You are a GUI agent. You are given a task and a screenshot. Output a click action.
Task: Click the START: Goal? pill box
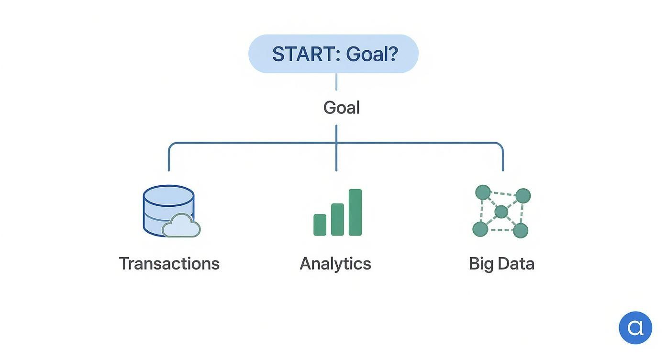click(x=333, y=54)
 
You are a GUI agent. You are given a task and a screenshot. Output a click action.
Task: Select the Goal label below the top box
click(x=341, y=108)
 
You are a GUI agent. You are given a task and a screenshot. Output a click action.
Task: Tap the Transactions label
click(x=169, y=264)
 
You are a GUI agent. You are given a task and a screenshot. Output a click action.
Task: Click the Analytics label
click(x=335, y=264)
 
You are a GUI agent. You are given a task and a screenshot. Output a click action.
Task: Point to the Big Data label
click(x=501, y=264)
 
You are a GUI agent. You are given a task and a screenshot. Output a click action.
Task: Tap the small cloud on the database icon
click(x=182, y=227)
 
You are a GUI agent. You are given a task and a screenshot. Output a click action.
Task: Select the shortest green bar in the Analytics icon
click(x=320, y=225)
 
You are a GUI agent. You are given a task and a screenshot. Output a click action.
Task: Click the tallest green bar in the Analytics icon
click(x=355, y=213)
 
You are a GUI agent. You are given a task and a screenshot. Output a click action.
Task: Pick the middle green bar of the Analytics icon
click(x=337, y=219)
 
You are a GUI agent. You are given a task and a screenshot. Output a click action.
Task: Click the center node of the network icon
click(x=501, y=212)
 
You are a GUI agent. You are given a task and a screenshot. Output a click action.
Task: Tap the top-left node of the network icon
click(x=483, y=192)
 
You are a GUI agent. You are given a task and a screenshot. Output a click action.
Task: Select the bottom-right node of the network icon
click(x=521, y=230)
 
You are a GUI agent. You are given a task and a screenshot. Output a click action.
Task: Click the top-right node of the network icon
click(x=523, y=195)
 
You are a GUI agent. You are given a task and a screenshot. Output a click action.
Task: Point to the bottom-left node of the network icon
click(x=480, y=229)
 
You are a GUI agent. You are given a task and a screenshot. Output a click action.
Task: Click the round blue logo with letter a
click(x=635, y=328)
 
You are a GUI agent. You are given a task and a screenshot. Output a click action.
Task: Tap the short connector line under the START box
click(x=336, y=81)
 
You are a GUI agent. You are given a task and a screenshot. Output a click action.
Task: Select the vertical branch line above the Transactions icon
click(x=169, y=158)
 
